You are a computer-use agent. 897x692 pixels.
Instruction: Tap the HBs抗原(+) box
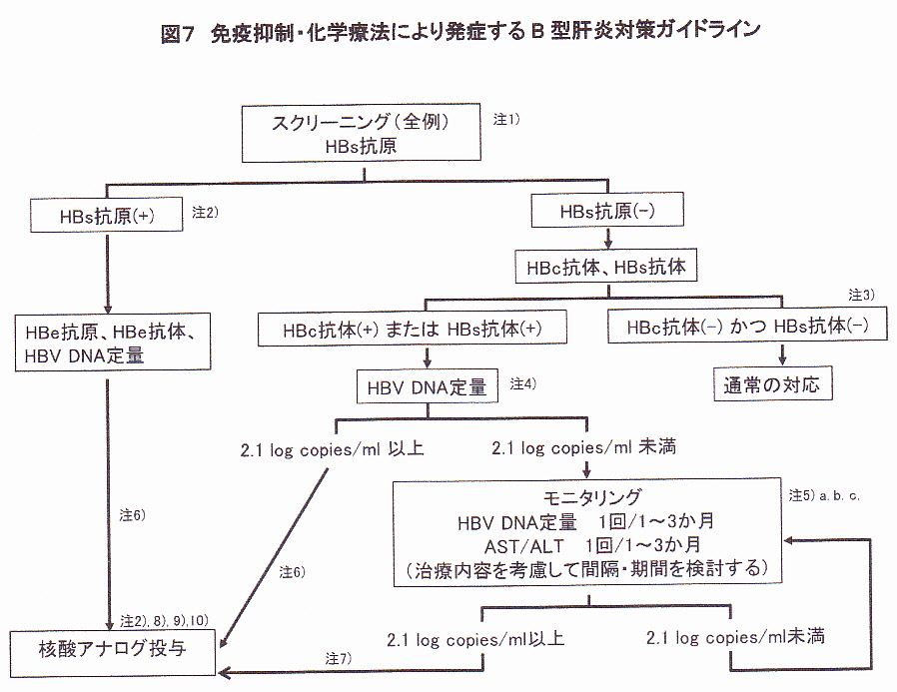(108, 213)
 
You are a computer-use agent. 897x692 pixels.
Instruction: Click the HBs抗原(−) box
(607, 211)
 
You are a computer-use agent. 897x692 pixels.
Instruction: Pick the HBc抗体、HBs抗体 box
(605, 267)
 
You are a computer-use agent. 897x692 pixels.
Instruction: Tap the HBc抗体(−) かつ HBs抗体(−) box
(747, 327)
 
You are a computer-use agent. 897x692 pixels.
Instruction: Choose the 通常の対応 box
(772, 384)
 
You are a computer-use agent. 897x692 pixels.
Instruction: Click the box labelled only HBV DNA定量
(427, 385)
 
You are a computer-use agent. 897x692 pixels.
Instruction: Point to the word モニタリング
(585, 497)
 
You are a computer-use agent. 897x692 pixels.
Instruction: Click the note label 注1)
(507, 119)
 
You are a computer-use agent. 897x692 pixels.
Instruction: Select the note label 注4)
(524, 383)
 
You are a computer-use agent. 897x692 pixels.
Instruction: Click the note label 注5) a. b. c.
(824, 494)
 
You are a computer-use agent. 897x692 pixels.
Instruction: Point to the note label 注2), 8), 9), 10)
(162, 620)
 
